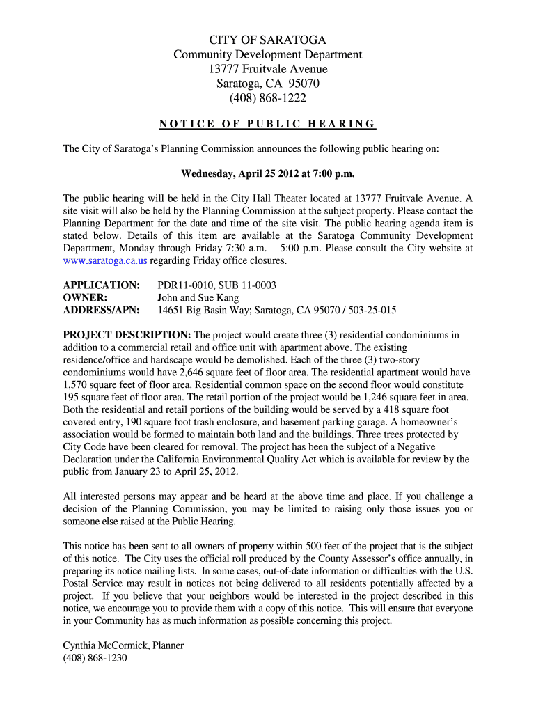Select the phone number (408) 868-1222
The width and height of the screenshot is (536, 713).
[x=268, y=98]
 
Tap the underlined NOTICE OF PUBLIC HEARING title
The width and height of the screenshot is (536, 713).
[x=268, y=125]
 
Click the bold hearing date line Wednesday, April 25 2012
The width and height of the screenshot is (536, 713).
[x=268, y=173]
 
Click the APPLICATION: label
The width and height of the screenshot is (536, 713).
[x=101, y=285]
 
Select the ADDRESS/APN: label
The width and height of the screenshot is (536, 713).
[x=101, y=311]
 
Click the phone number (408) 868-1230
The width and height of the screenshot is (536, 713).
[x=95, y=658]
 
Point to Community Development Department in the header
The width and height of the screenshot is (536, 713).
[x=268, y=54]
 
